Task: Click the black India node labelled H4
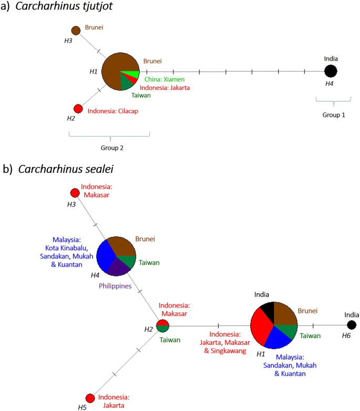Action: pyautogui.click(x=331, y=71)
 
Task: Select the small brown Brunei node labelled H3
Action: pyautogui.click(x=76, y=31)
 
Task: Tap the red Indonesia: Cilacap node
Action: pyautogui.click(x=78, y=109)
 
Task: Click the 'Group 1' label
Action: pyautogui.click(x=332, y=115)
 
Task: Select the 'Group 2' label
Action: pyautogui.click(x=109, y=148)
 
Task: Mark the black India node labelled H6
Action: pyautogui.click(x=352, y=326)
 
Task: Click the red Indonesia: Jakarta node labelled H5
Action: pyautogui.click(x=90, y=398)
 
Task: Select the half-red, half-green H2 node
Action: pyautogui.click(x=163, y=326)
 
